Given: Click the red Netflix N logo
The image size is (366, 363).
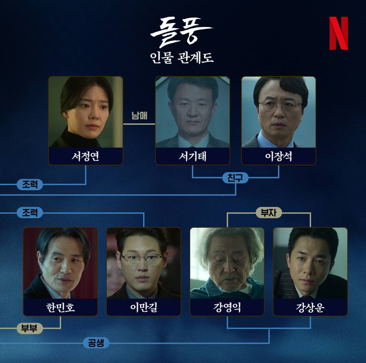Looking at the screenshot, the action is (338, 34).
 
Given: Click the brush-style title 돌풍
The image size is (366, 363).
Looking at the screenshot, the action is (181, 32).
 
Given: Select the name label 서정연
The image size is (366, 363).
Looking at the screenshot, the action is (85, 156).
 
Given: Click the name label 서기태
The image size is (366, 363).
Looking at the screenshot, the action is (192, 156).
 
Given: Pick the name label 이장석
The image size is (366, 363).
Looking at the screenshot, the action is (278, 156).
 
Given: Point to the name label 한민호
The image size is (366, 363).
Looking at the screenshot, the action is (61, 307).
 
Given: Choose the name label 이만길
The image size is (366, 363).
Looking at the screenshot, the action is (144, 307).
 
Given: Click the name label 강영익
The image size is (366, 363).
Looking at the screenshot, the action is (227, 307).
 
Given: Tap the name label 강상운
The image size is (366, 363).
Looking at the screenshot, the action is (310, 307).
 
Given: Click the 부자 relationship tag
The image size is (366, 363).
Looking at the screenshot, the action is (269, 213).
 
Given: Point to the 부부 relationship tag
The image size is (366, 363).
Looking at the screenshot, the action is (29, 329).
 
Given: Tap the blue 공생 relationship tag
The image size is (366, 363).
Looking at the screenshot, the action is (96, 343).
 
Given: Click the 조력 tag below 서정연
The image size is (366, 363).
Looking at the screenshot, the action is (29, 185).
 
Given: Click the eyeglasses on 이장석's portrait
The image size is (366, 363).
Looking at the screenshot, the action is (279, 106).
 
